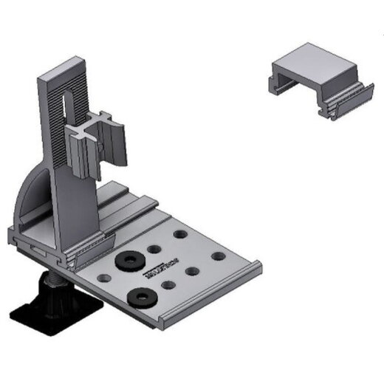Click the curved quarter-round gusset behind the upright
[x=33, y=196]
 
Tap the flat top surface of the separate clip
[x=314, y=63]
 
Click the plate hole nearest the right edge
[x=218, y=256]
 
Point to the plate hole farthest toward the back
[x=179, y=234]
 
